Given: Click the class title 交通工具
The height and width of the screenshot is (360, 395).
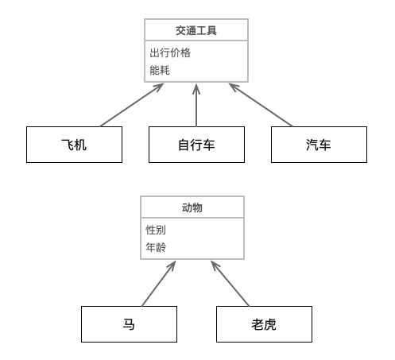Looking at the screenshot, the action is (x=196, y=30).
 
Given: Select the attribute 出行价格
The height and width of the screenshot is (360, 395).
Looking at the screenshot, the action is (x=170, y=52).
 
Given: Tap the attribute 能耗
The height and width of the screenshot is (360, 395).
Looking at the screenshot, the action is (x=160, y=70).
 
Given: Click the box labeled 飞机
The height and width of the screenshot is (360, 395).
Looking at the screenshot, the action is (x=74, y=145).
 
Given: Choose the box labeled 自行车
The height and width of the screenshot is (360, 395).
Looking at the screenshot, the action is (x=196, y=145).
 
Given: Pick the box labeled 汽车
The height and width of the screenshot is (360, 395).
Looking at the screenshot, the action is (x=319, y=145).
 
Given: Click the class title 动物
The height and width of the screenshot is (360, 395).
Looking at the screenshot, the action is (x=192, y=207).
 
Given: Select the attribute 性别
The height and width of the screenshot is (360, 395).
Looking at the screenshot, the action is (x=156, y=230).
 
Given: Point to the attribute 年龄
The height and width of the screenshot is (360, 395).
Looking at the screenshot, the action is (x=156, y=247).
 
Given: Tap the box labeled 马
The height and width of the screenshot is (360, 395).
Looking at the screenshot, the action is (x=129, y=324).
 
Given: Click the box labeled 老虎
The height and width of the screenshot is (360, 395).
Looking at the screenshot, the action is (x=264, y=324).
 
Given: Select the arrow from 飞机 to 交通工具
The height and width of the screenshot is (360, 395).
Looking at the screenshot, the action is (x=132, y=105).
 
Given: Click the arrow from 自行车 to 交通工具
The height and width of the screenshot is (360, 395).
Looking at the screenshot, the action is (x=196, y=105).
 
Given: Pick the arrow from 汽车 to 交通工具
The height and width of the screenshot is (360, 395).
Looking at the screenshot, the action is (x=261, y=105).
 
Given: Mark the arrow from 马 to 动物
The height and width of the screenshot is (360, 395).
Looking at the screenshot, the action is (x=159, y=283).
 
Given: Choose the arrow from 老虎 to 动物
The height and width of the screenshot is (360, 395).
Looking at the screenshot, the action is (x=230, y=283).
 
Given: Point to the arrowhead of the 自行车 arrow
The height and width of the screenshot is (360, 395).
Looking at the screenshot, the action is (x=196, y=88).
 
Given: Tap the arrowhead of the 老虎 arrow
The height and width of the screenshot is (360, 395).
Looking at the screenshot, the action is (x=214, y=265).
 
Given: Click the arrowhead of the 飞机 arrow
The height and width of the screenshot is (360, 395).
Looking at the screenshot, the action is (x=159, y=87).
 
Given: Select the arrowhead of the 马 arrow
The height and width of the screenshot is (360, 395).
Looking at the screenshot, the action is (x=173, y=265).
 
